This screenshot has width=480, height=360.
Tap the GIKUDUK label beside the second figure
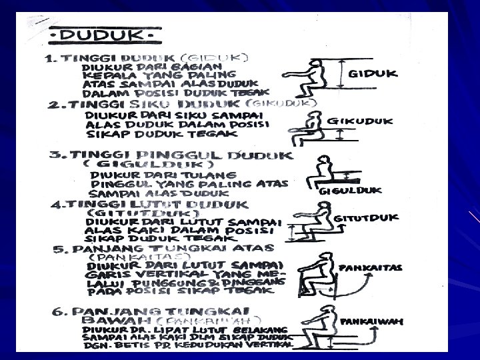[360, 121]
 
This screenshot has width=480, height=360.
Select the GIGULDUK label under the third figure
[351, 190]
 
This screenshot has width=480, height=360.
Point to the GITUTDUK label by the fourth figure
[365, 218]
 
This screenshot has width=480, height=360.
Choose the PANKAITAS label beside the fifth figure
[371, 267]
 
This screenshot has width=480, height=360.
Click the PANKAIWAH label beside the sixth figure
[372, 321]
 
